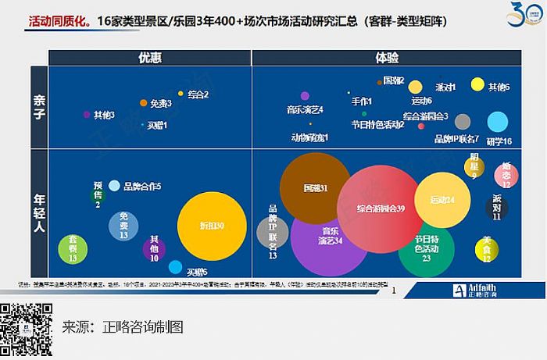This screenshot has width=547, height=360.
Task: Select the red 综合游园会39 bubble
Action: (x=381, y=209)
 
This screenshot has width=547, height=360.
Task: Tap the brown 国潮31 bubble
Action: (x=316, y=189)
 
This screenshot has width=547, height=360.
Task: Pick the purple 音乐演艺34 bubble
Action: (x=329, y=237)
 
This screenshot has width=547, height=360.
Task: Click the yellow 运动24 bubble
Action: (x=442, y=201)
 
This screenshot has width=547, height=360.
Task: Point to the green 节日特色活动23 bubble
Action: (x=427, y=248)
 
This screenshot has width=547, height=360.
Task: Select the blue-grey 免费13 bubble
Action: (x=123, y=226)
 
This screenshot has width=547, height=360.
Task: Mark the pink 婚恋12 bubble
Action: (x=506, y=174)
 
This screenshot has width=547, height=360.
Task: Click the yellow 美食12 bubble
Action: (x=488, y=248)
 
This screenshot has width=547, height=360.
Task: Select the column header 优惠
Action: (x=150, y=57)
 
